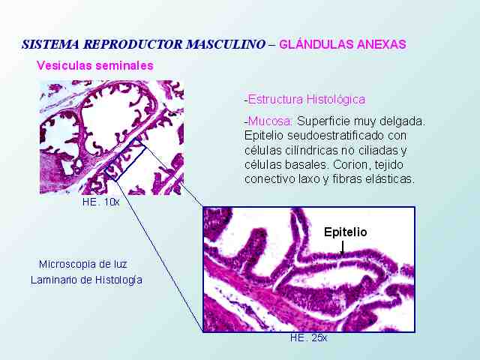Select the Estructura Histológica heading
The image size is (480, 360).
[305, 100]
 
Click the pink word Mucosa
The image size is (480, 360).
[268, 121]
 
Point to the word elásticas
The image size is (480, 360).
[390, 178]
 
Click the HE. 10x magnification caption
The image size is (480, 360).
[100, 202]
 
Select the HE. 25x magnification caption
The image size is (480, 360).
[308, 337]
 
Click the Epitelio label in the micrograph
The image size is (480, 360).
[345, 232]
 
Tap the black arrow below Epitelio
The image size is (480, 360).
[342, 247]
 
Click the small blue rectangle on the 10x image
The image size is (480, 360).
[124, 159]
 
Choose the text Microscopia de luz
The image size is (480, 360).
[83, 264]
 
